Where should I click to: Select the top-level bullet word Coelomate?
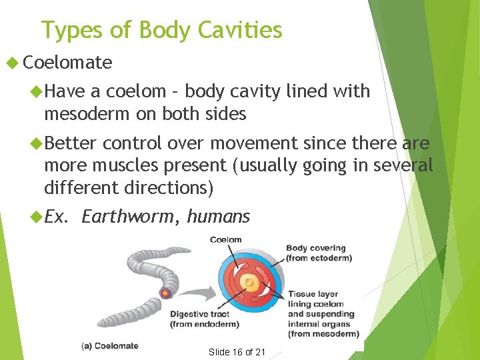tap(67, 63)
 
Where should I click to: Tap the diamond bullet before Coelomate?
tap(11, 63)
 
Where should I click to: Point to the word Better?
tap(71, 143)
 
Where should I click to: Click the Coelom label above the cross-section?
tap(226, 240)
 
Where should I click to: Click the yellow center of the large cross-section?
tap(249, 283)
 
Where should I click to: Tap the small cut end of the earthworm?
tap(165, 293)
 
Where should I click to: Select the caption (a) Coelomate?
tap(110, 345)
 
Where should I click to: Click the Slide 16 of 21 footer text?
tap(237, 352)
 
